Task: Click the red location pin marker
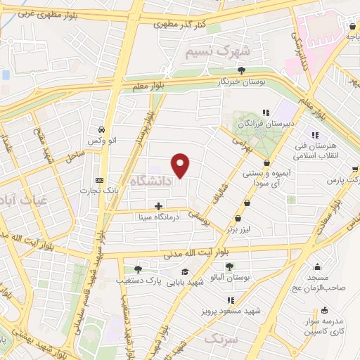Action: [x=181, y=165]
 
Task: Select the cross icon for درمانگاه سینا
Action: [x=158, y=207]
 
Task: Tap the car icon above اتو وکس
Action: [x=102, y=129]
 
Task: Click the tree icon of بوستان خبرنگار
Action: [x=242, y=70]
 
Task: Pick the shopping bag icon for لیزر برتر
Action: [x=247, y=203]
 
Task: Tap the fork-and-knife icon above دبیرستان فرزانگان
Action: [x=266, y=112]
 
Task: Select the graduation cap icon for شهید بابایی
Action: [x=185, y=273]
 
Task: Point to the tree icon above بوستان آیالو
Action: [x=229, y=265]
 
